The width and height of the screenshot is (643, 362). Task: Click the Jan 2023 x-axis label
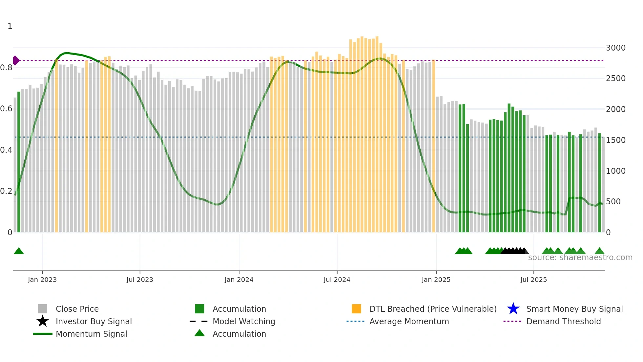tap(42, 280)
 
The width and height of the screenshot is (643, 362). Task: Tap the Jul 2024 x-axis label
tap(337, 280)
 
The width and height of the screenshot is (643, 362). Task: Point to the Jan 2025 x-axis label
tap(436, 280)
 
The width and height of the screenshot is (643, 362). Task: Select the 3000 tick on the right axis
tap(615, 48)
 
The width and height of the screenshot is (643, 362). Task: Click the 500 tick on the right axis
tap(613, 202)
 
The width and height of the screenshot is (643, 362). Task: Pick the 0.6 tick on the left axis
tap(6, 109)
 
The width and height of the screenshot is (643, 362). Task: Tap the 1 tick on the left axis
tap(10, 26)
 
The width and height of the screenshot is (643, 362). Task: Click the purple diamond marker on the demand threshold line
tap(16, 60)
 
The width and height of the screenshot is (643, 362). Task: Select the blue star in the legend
tap(513, 309)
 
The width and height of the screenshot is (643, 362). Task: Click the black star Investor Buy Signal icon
tap(43, 321)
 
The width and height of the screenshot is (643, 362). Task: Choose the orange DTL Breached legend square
tap(356, 309)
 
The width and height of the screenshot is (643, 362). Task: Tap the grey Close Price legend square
tap(43, 309)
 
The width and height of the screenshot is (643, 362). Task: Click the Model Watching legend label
tap(244, 321)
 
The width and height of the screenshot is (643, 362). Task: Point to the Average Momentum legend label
tap(409, 321)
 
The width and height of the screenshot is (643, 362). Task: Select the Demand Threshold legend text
tap(563, 321)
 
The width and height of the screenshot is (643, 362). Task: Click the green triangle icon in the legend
tap(199, 333)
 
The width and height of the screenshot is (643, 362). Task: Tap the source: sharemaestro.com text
tap(580, 258)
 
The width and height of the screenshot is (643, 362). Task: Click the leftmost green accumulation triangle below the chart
tap(19, 251)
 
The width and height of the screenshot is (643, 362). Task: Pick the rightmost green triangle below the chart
tap(599, 251)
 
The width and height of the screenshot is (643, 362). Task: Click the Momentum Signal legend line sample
tap(43, 334)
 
